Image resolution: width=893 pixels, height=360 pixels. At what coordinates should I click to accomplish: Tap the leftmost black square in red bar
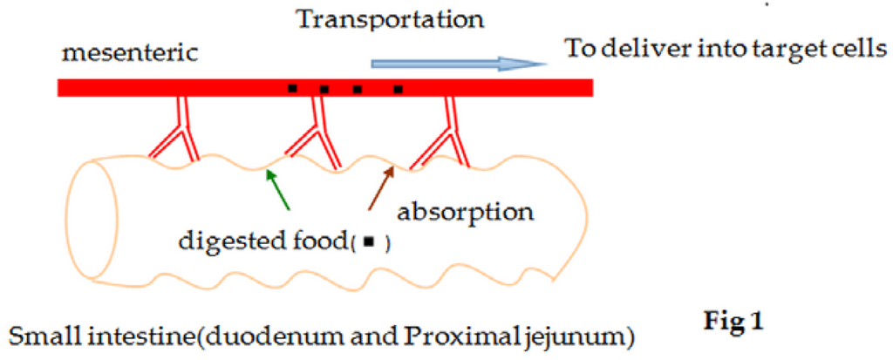coord(292,88)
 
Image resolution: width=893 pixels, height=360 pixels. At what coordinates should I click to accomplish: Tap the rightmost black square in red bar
coord(398,88)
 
